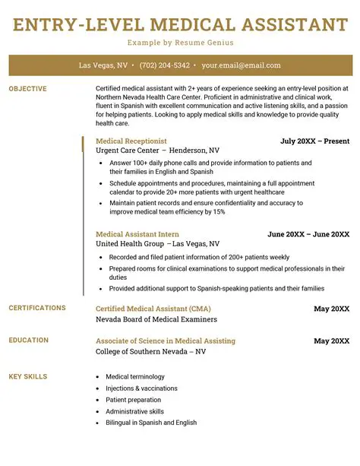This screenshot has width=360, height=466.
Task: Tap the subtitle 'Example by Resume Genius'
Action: coord(180,43)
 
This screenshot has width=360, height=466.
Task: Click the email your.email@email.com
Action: coord(241,65)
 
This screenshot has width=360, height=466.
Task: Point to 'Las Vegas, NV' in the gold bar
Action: coord(103,65)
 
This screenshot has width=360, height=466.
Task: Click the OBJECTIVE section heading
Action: coord(27,89)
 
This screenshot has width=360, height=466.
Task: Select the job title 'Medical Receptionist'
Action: coord(131,141)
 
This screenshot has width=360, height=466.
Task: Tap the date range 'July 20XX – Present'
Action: coord(314,141)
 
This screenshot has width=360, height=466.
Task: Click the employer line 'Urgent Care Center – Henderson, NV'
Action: coord(157,151)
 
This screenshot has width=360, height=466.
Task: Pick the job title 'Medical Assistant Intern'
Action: coord(137,234)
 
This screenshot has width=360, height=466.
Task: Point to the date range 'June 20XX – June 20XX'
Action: coord(308,234)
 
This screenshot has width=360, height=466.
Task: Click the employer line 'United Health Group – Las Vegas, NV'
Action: coord(157,244)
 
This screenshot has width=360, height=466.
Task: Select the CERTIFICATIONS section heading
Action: coord(37,308)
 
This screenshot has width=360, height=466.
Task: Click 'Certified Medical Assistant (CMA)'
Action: coord(153,309)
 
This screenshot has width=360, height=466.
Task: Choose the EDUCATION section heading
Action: coord(28,340)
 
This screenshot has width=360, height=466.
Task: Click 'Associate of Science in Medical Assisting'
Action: coord(165,341)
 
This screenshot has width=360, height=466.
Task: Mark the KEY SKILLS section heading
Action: coord(28,376)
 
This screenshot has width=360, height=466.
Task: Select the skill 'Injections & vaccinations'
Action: coord(141,388)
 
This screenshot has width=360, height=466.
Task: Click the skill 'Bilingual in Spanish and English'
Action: coord(152,422)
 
